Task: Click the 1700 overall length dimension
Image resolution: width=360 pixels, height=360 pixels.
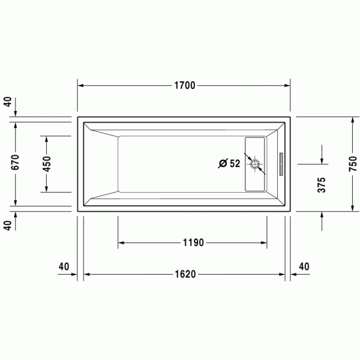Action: pos(184,85)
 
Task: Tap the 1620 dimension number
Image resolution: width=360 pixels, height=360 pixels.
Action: pos(184,274)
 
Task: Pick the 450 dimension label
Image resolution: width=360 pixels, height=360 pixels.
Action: pos(46,164)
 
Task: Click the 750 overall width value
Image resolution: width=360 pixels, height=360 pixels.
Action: pos(352,164)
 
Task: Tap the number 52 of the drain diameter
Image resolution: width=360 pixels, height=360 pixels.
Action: pos(235,164)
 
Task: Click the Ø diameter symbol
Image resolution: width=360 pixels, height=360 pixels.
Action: pos(223,164)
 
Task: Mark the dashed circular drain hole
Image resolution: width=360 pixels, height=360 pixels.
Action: pos(256,165)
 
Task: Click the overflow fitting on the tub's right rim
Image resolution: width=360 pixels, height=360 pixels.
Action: pos(281,164)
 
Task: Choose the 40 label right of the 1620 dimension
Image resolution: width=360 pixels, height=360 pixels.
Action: pos(304,266)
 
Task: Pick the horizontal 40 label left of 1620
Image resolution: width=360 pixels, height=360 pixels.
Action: pos(64,266)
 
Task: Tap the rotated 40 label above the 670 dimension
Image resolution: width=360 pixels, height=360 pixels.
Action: pos(7,101)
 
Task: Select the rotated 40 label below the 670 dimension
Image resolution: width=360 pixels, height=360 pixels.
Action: pos(7,225)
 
